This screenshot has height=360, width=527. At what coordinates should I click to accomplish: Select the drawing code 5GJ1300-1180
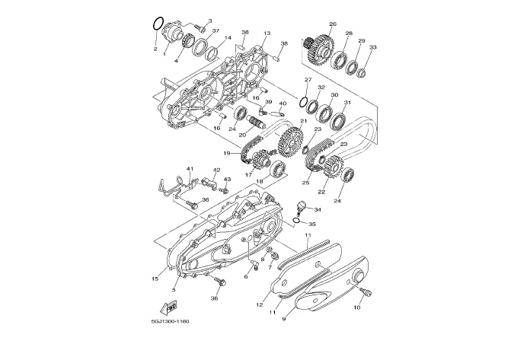(170, 321)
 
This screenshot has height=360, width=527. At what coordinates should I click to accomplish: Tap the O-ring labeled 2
(158, 24)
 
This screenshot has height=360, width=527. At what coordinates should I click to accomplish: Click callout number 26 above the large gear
(333, 24)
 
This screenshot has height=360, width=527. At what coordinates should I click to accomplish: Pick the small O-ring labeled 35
(295, 220)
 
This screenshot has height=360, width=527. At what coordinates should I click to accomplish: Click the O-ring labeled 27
(303, 102)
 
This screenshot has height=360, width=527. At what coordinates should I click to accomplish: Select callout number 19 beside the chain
(227, 153)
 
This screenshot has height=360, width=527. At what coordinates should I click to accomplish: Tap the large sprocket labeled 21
(290, 142)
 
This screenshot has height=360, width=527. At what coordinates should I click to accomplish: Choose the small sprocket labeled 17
(260, 161)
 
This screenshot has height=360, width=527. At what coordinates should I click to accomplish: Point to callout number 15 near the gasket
(155, 279)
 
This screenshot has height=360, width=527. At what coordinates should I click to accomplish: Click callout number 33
(372, 47)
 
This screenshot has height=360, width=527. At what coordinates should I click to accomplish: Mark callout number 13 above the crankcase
(267, 33)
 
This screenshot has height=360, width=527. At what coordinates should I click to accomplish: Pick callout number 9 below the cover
(284, 319)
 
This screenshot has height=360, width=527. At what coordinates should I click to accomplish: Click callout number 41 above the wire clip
(190, 169)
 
